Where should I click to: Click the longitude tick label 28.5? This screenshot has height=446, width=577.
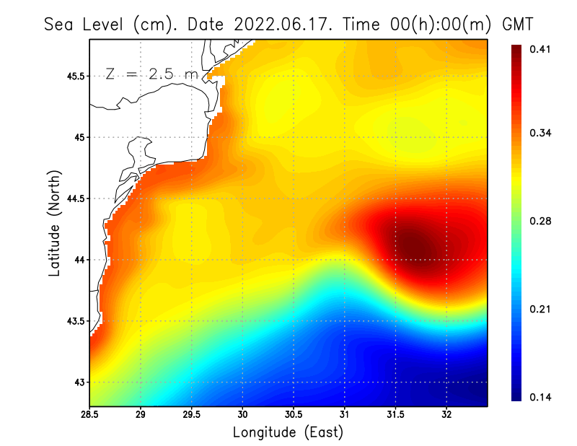click(x=90, y=415)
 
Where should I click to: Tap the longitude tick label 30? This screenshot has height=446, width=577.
click(x=243, y=415)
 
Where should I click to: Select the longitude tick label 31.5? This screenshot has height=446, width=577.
click(x=396, y=415)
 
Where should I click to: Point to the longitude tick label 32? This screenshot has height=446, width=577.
click(x=447, y=415)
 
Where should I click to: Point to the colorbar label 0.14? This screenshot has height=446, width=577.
click(x=541, y=398)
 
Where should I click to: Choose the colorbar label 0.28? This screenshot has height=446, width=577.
click(x=541, y=221)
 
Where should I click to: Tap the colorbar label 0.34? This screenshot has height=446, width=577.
click(x=541, y=134)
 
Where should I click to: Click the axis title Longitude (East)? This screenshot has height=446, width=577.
click(x=288, y=432)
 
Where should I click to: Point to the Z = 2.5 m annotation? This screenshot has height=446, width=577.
click(x=151, y=74)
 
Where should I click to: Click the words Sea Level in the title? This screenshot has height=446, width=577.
click(x=86, y=24)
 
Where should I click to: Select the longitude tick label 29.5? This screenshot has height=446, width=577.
click(x=192, y=415)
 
